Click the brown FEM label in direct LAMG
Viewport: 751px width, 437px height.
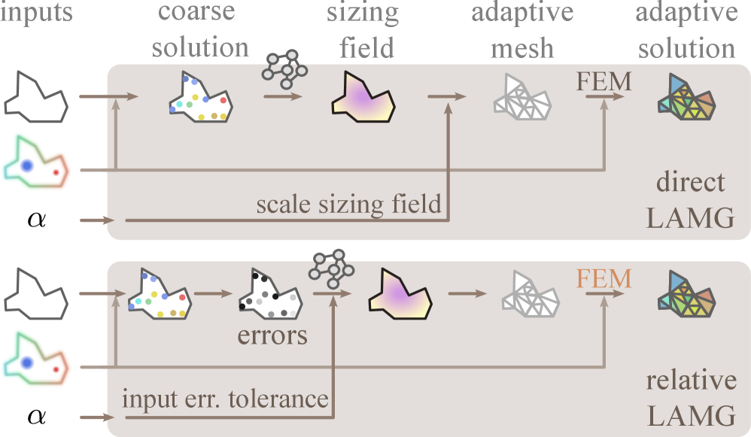(x=604, y=81)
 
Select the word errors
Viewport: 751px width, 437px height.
(x=272, y=335)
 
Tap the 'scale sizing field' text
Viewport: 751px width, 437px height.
(x=348, y=204)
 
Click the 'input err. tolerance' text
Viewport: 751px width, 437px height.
(x=225, y=398)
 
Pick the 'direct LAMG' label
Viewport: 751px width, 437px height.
(x=690, y=200)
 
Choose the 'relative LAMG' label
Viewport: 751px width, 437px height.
(x=691, y=397)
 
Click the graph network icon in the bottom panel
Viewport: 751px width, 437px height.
(x=332, y=266)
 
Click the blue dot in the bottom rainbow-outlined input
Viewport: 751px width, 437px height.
(x=28, y=363)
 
